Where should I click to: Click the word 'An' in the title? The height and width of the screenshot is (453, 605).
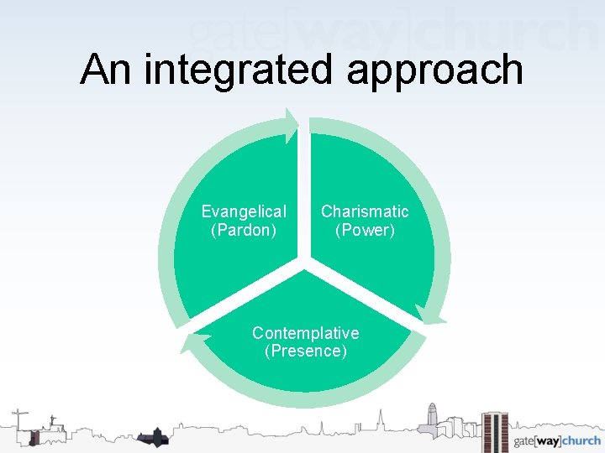[107, 69]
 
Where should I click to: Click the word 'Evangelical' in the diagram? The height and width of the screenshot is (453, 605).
[244, 211]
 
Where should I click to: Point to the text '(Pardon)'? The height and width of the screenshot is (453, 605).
[244, 229]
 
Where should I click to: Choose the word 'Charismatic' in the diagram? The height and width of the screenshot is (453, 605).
[365, 211]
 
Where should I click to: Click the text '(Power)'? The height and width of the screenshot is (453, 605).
[365, 229]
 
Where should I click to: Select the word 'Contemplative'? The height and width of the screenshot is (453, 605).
[305, 333]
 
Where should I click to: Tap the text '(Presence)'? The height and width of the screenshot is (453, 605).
[305, 351]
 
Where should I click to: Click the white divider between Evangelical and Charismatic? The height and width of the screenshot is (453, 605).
[305, 193]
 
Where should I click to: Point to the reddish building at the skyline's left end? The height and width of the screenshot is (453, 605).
[34, 435]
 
